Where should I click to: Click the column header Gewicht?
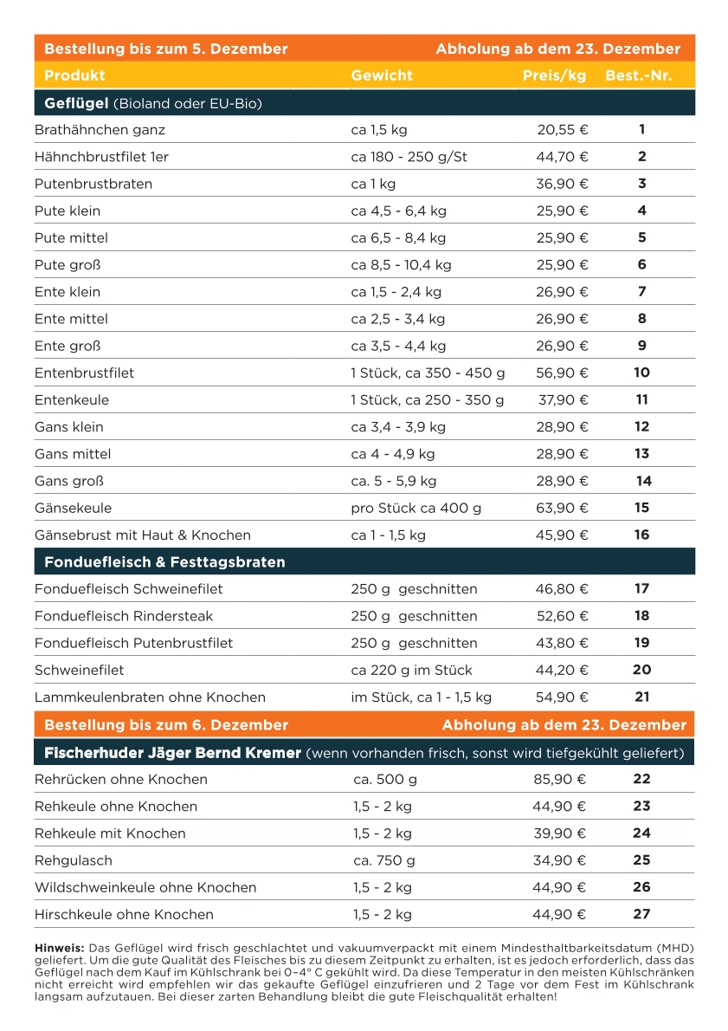[382, 75]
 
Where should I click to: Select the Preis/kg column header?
[554, 75]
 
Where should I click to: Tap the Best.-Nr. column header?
[638, 75]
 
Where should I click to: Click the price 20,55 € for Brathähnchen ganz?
[562, 130]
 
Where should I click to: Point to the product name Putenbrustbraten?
[93, 184]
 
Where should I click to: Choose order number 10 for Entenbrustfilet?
[641, 373]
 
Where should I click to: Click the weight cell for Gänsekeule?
[416, 508]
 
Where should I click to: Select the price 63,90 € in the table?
[562, 508]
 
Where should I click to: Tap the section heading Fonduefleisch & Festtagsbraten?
[164, 562]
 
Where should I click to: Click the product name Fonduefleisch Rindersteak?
[124, 616]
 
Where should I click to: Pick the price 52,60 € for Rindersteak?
[562, 616]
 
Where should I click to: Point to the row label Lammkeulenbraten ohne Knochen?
[150, 697]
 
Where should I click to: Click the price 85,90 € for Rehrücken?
[559, 779]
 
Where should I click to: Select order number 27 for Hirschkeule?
[641, 914]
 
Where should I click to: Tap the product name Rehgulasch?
[74, 860]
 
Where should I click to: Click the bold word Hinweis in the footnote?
[59, 949]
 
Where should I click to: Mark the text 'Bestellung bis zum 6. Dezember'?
[166, 724]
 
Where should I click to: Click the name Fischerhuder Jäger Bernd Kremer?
[172, 752]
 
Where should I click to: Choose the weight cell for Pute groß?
[401, 265]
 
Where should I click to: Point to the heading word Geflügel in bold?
[76, 104]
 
